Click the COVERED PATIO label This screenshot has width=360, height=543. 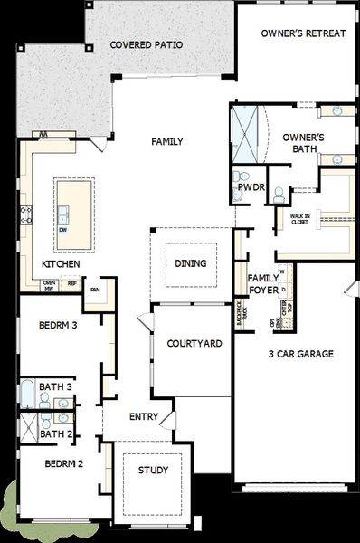pyautogui.click(x=146, y=44)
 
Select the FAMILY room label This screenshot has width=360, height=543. pyautogui.click(x=166, y=141)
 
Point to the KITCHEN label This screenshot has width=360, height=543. pyautogui.click(x=61, y=264)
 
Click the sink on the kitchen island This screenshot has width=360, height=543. pyautogui.click(x=63, y=214)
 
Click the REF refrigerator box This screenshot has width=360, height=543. pyautogui.click(x=71, y=283)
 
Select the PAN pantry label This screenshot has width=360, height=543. pyautogui.click(x=94, y=290)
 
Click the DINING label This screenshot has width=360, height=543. pyautogui.click(x=190, y=264)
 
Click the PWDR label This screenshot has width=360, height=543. pyautogui.click(x=250, y=188)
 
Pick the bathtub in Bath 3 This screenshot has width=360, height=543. pyautogui.click(x=28, y=395)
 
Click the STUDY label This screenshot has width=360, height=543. pyautogui.click(x=153, y=471)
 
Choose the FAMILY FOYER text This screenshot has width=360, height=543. pyautogui.click(x=263, y=284)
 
